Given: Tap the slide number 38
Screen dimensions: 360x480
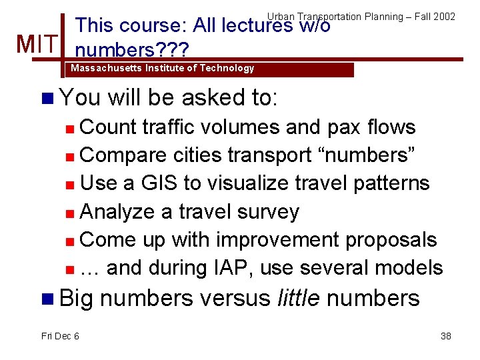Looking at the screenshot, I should click(446, 336).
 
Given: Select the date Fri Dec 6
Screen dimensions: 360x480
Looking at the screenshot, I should click(60, 336).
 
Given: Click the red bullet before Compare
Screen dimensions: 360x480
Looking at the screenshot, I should click(70, 156).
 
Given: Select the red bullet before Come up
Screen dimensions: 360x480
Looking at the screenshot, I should click(70, 241).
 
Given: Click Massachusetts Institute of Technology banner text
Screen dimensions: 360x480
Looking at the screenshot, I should click(162, 68).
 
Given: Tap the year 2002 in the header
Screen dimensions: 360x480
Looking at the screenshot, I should click(444, 16).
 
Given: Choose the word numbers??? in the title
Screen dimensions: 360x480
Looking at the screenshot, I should click(133, 50).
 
